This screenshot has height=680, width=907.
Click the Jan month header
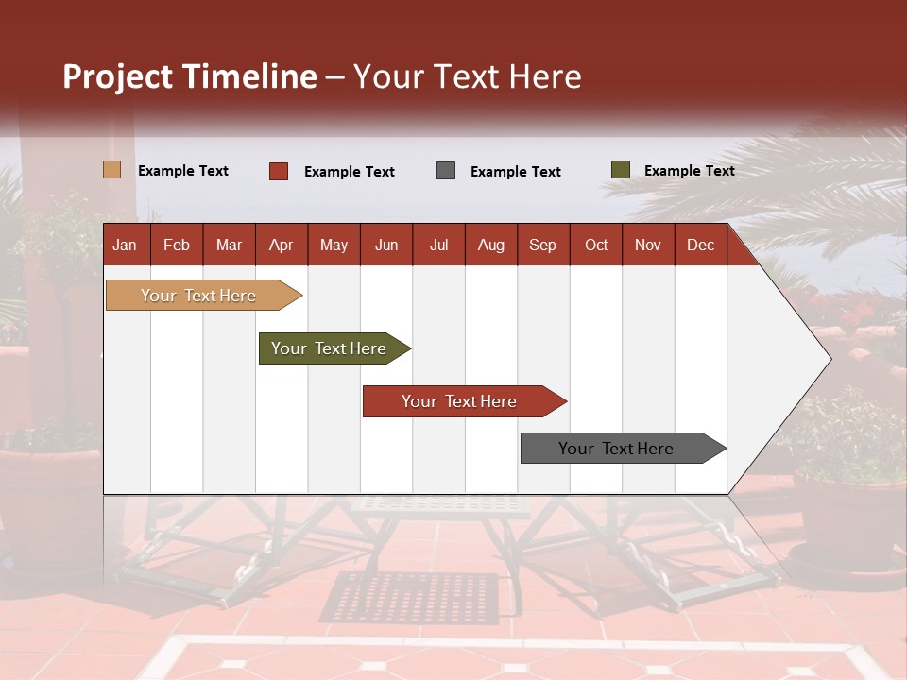(x=125, y=246)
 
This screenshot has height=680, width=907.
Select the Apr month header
(x=281, y=246)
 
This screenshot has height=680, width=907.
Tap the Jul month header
(x=438, y=246)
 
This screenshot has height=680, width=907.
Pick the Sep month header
(x=542, y=246)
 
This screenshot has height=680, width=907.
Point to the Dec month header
(x=700, y=246)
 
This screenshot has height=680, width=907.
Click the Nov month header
(x=647, y=246)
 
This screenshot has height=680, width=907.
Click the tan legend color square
(x=112, y=170)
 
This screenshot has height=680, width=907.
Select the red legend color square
(x=279, y=171)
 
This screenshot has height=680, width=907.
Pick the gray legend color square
(x=446, y=171)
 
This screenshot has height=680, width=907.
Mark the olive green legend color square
(x=620, y=170)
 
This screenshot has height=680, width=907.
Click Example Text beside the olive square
(x=689, y=171)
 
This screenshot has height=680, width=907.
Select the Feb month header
(x=177, y=246)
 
